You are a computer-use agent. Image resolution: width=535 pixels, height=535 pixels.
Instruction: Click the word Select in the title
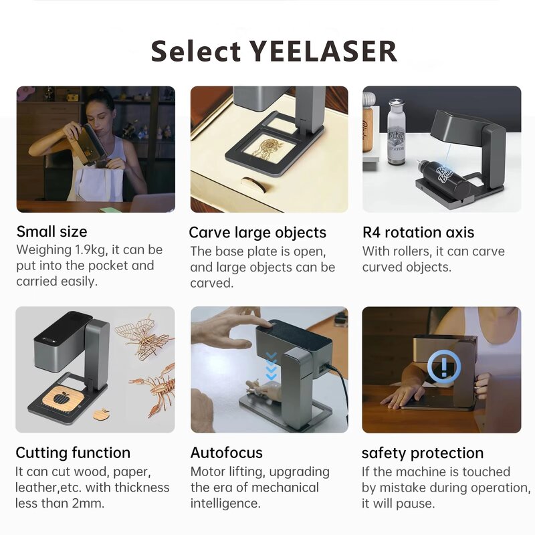coord(194,51)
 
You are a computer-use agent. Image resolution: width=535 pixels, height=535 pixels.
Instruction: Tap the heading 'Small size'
coord(51,232)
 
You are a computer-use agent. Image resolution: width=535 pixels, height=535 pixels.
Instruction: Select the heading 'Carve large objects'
coord(257,233)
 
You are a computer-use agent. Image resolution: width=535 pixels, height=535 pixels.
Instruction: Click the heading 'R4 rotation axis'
coord(418,233)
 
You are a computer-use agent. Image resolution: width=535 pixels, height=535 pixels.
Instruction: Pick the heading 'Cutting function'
coord(73,453)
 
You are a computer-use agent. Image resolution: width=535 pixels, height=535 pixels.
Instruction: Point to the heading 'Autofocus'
coord(226,453)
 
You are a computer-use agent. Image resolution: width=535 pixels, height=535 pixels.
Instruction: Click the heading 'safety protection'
coord(423,453)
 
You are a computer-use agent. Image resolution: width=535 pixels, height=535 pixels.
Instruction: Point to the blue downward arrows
coord(271,364)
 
